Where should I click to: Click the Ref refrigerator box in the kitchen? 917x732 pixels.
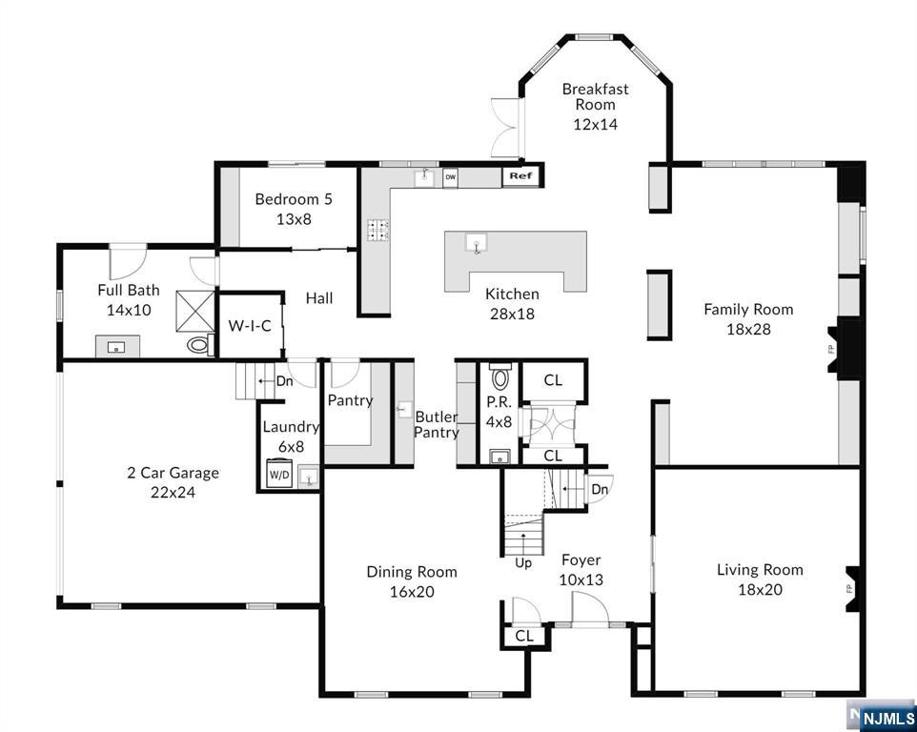(521, 176)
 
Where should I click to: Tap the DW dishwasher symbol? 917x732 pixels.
(450, 177)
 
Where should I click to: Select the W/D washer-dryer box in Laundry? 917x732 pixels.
(279, 474)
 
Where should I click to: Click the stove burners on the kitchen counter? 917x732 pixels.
(377, 230)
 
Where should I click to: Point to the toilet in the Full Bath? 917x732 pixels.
(200, 344)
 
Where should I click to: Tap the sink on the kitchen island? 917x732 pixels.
(476, 243)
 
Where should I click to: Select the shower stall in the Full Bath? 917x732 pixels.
(195, 311)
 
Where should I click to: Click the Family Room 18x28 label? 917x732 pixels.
(748, 318)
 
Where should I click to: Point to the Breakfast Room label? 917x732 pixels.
(596, 97)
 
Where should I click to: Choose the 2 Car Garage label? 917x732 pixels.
(173, 473)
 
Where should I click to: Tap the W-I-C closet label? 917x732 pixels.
(250, 326)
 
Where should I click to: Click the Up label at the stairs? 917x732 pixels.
(523, 563)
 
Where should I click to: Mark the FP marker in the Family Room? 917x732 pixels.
(831, 350)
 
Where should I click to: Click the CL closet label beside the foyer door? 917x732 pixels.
(524, 636)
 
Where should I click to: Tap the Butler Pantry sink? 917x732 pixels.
(405, 409)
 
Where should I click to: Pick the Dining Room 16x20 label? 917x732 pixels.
(412, 581)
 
